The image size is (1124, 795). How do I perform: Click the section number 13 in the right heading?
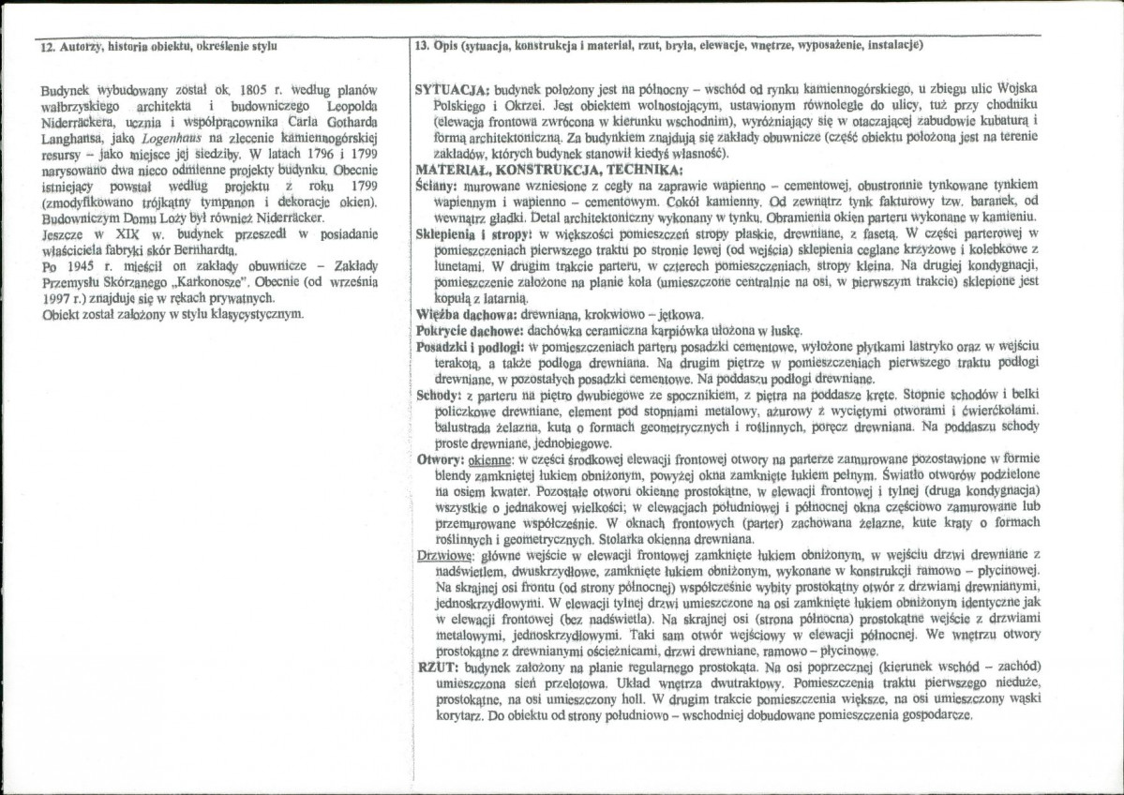pyautogui.click(x=421, y=45)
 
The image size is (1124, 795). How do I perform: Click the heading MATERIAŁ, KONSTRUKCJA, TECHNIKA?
pyautogui.click(x=548, y=170)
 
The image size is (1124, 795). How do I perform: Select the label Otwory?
pyautogui.click(x=439, y=459)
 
